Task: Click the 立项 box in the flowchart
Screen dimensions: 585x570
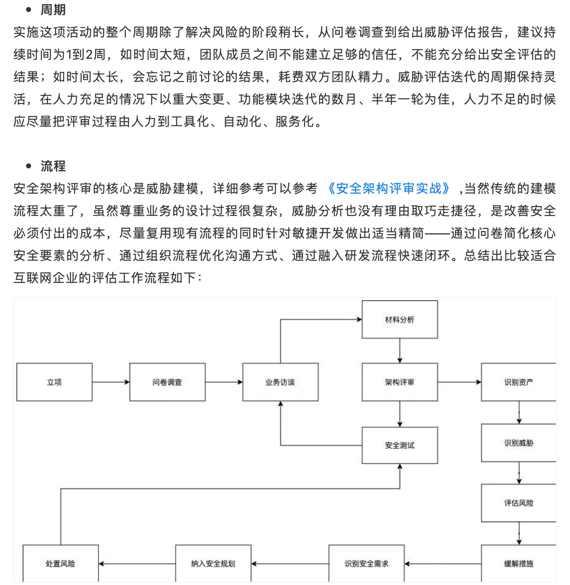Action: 54,382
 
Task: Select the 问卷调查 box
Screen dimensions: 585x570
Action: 167,382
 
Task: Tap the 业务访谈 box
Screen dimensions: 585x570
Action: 280,382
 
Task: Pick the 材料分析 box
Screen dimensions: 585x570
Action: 400,319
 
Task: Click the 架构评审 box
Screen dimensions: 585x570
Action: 400,382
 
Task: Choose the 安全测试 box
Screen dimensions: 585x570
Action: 400,445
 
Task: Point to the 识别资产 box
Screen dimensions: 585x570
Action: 518,382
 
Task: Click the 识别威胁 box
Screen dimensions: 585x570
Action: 518,443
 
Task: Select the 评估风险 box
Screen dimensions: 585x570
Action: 518,503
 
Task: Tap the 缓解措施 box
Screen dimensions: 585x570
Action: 518,563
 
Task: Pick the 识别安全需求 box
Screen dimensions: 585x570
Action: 366,563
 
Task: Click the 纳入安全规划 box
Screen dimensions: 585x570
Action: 213,563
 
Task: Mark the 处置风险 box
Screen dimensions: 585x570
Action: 60,563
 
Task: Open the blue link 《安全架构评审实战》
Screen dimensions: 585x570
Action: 388,189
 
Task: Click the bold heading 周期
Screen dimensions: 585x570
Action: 53,10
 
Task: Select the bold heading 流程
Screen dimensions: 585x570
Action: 53,166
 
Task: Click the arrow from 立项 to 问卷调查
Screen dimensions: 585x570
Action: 111,382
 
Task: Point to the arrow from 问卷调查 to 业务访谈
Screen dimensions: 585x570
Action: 224,382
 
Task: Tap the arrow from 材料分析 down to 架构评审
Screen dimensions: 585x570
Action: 400,351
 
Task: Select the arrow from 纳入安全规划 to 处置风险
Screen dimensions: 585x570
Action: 137,563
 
